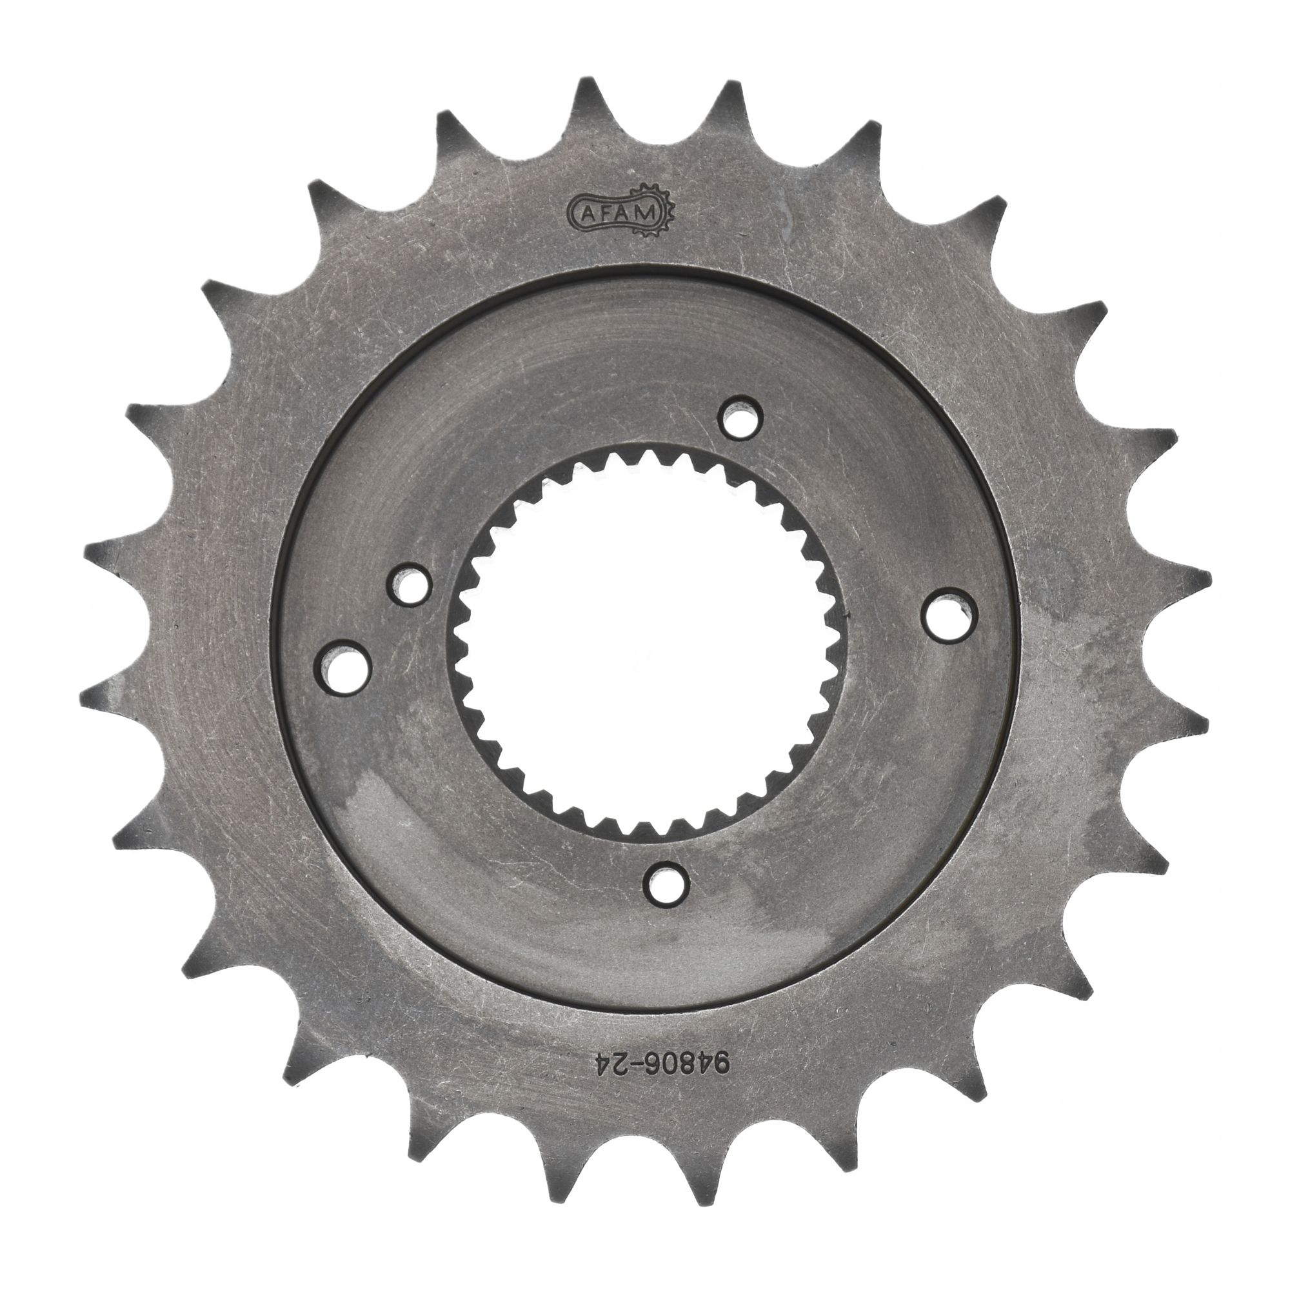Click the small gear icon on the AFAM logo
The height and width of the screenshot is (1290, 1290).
(667, 212)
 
